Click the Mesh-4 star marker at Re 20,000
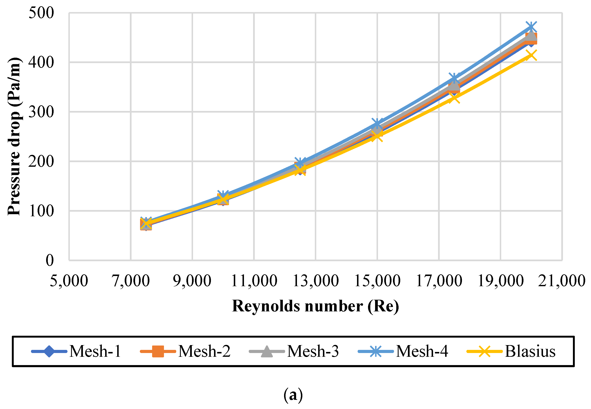(531, 27)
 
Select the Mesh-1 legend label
(95, 351)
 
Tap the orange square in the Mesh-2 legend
(158, 351)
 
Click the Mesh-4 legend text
(422, 351)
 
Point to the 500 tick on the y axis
(41, 13)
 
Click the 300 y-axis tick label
(41, 112)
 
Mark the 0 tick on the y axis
(50, 260)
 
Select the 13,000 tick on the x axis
(315, 281)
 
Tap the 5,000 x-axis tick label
(69, 281)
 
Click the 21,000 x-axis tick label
(561, 281)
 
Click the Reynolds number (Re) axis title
(315, 306)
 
